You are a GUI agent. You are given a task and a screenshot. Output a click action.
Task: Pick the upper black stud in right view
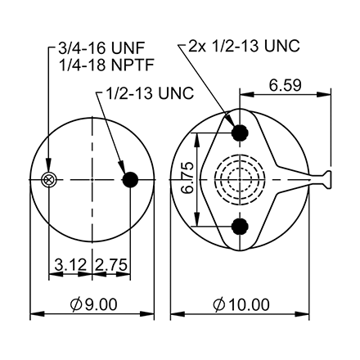pos(240,133)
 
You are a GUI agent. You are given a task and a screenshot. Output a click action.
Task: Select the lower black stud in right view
pos(240,227)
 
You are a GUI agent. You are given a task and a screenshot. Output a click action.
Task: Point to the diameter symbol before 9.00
pos(74,304)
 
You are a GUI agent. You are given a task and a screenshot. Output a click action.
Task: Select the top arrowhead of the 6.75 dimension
pos(197,137)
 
